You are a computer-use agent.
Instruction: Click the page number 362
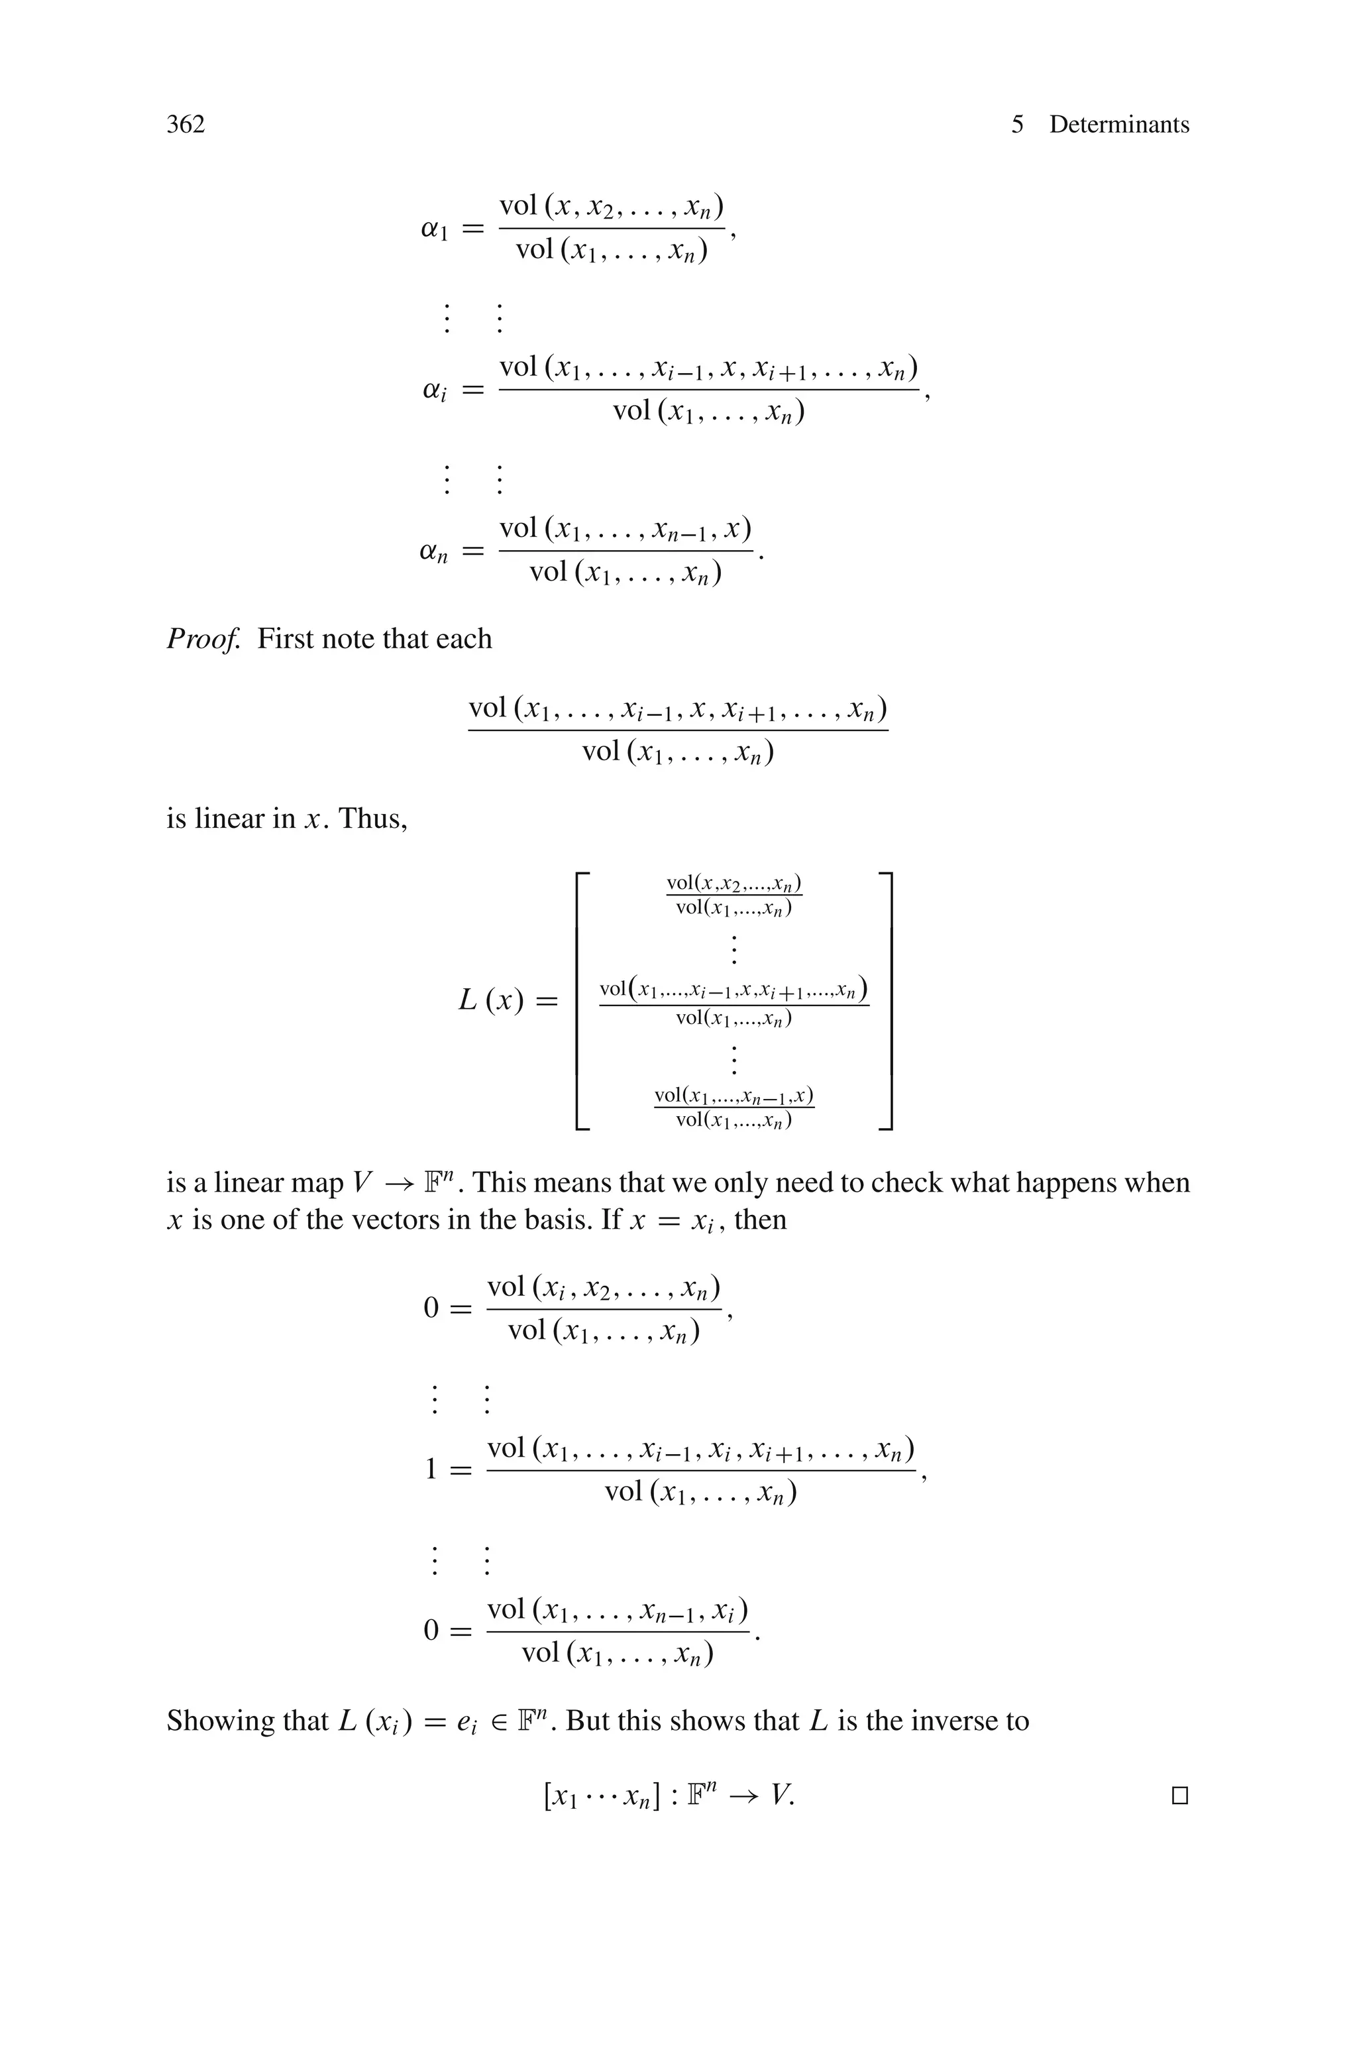(x=186, y=125)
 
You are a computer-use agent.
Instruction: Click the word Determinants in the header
(x=1119, y=125)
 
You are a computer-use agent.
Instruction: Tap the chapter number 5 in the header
(x=1017, y=125)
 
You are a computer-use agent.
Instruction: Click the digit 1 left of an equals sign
(x=431, y=1469)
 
